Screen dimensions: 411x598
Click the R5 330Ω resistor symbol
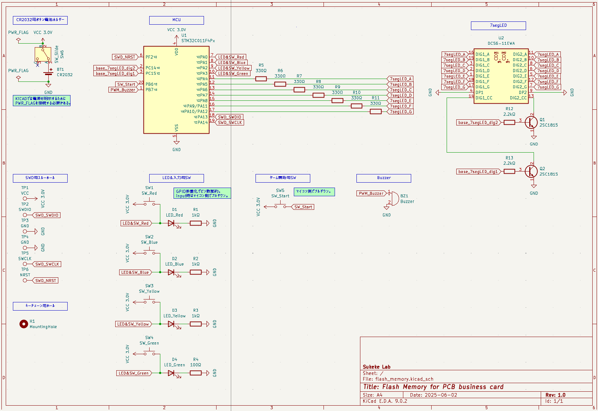pyautogui.click(x=261, y=79)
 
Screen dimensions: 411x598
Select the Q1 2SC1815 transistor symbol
pyautogui.click(x=531, y=123)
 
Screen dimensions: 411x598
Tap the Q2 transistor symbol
pyautogui.click(x=531, y=172)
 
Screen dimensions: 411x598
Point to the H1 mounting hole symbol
pyautogui.click(x=24, y=324)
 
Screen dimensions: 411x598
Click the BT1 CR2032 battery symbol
pyautogui.click(x=48, y=73)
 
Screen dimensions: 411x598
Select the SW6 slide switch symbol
pyautogui.click(x=43, y=55)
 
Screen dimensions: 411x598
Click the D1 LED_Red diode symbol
pyautogui.click(x=171, y=223)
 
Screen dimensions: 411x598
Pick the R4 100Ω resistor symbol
pyautogui.click(x=195, y=373)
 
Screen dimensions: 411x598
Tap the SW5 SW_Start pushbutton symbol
pyautogui.click(x=280, y=205)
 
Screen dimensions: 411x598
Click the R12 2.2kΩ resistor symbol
pyautogui.click(x=509, y=123)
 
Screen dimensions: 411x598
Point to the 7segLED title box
pyautogui.click(x=498, y=25)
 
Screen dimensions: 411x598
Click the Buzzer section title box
pyautogui.click(x=384, y=178)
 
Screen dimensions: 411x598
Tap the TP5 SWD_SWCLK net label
pyautogui.click(x=47, y=264)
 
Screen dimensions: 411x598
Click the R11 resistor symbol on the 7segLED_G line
pyautogui.click(x=375, y=112)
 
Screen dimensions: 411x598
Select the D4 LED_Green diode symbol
pyautogui.click(x=171, y=373)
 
